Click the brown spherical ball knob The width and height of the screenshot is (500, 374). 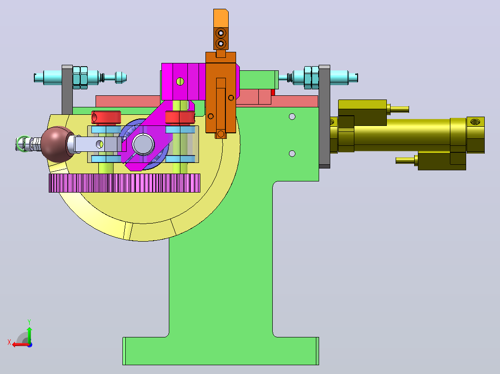click(x=57, y=144)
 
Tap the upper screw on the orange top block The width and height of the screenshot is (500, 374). click(x=221, y=33)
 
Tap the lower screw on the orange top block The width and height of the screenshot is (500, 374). click(x=221, y=44)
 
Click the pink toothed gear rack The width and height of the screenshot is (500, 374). click(x=124, y=183)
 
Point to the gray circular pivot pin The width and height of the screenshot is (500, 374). click(x=143, y=144)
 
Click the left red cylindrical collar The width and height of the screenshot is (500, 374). click(x=106, y=117)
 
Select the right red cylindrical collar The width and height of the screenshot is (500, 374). click(x=180, y=117)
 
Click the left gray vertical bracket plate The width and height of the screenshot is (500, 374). click(x=67, y=90)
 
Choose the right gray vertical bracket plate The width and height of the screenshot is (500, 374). click(x=324, y=117)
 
